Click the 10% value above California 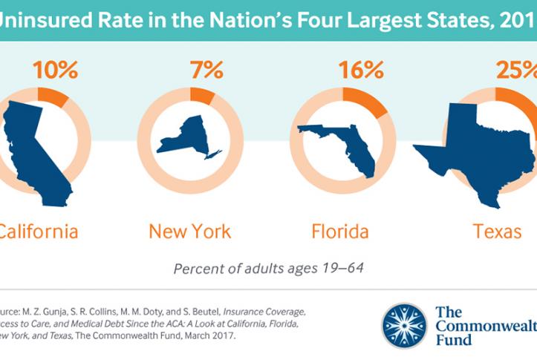point(55,71)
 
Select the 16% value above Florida point(360,71)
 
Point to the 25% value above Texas point(515,71)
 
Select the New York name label point(189,232)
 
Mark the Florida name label point(339,232)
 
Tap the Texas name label point(498,232)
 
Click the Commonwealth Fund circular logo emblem point(404,324)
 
